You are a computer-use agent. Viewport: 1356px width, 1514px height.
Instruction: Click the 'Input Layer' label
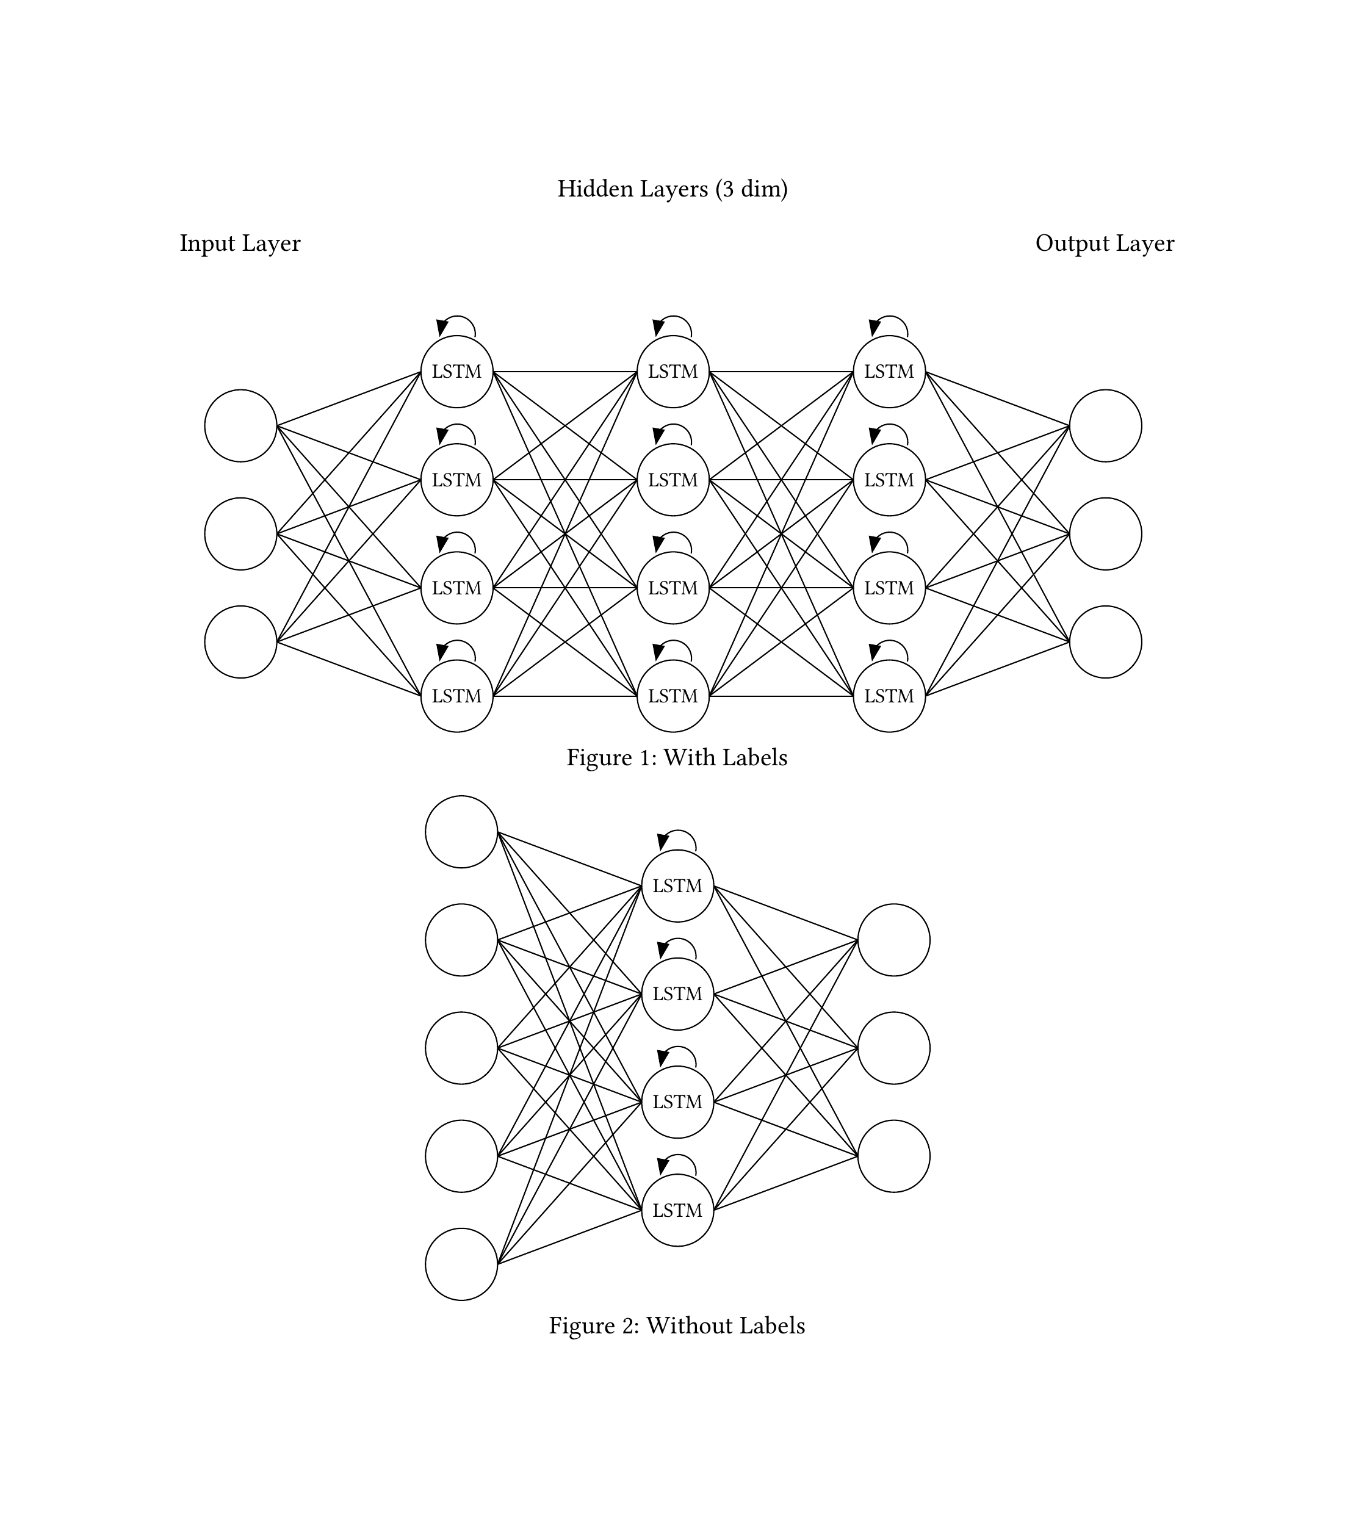[240, 243]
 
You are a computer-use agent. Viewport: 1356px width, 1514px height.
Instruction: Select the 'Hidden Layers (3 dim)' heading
[672, 189]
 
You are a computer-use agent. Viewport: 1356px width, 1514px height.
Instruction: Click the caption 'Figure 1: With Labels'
[677, 758]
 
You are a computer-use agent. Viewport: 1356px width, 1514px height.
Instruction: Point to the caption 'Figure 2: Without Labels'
[677, 1325]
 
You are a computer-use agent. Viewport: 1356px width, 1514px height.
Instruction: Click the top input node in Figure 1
[240, 425]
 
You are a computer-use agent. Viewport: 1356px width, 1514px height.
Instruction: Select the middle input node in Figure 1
[240, 533]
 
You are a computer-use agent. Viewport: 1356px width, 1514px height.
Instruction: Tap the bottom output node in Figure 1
[1105, 641]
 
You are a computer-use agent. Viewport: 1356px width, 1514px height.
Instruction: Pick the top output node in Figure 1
[1105, 425]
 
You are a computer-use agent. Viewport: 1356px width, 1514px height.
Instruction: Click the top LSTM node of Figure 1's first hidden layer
[456, 371]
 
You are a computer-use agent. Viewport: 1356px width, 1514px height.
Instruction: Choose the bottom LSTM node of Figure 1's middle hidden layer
[673, 696]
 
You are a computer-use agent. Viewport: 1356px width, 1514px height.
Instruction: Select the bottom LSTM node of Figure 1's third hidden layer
[889, 696]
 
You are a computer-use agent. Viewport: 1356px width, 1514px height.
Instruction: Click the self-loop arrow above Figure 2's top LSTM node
[677, 839]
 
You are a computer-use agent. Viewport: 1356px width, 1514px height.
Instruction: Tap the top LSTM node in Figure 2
[677, 886]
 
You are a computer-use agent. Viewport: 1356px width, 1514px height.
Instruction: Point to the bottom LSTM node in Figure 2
[677, 1210]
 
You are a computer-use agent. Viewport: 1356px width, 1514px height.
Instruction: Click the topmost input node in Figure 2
[461, 832]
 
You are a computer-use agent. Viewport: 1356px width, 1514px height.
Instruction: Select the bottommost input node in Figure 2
[461, 1264]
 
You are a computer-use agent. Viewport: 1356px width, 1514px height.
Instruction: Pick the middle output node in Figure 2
[893, 1048]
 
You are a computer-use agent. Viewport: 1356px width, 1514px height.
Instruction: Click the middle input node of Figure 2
[461, 1048]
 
